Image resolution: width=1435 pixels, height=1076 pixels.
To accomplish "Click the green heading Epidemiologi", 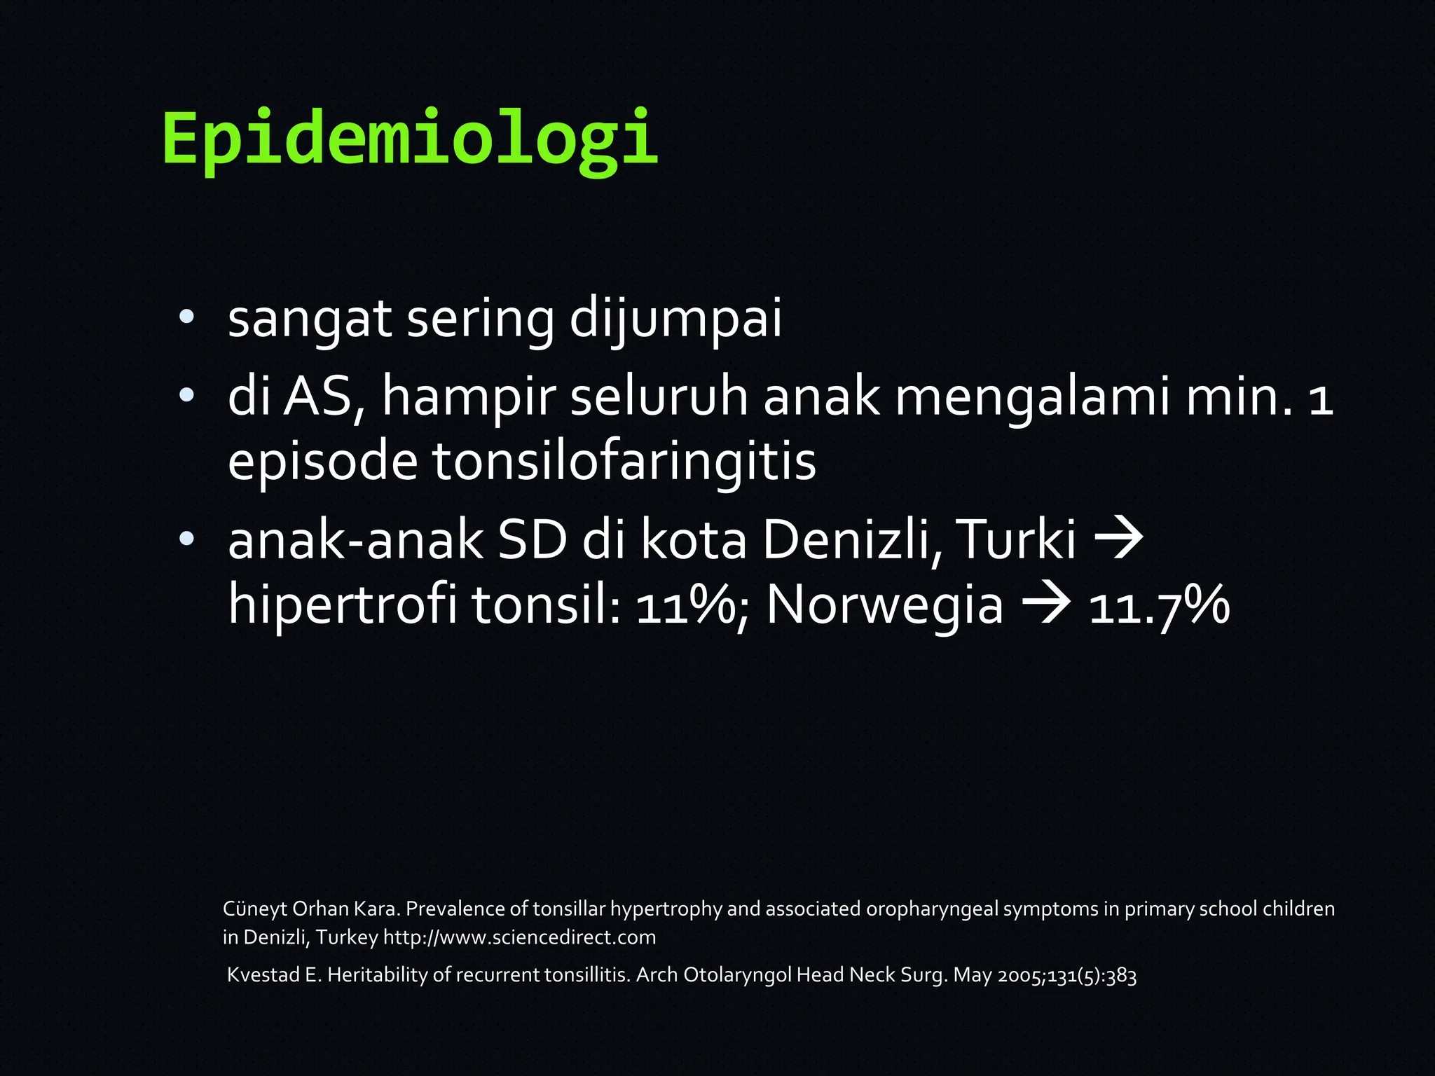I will [x=410, y=138].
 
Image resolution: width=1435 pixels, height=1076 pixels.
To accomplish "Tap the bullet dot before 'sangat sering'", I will [x=186, y=317].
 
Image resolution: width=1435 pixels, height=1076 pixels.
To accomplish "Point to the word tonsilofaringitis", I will [x=624, y=462].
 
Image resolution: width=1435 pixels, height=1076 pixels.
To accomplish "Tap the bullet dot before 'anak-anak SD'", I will [x=186, y=539].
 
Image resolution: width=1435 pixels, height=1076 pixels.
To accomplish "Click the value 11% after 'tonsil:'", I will [x=684, y=606].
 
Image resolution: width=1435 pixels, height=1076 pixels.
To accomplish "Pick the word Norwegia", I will [x=885, y=605].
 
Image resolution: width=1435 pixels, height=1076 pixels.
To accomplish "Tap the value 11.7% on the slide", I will [x=1159, y=606].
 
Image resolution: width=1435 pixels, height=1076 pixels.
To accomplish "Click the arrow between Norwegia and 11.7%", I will [x=1046, y=604].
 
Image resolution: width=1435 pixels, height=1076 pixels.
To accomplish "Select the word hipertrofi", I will [x=343, y=605].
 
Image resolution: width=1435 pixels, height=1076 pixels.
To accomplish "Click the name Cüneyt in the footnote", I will [x=254, y=909].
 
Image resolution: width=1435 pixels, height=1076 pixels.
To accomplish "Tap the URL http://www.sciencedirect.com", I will [x=519, y=937].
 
